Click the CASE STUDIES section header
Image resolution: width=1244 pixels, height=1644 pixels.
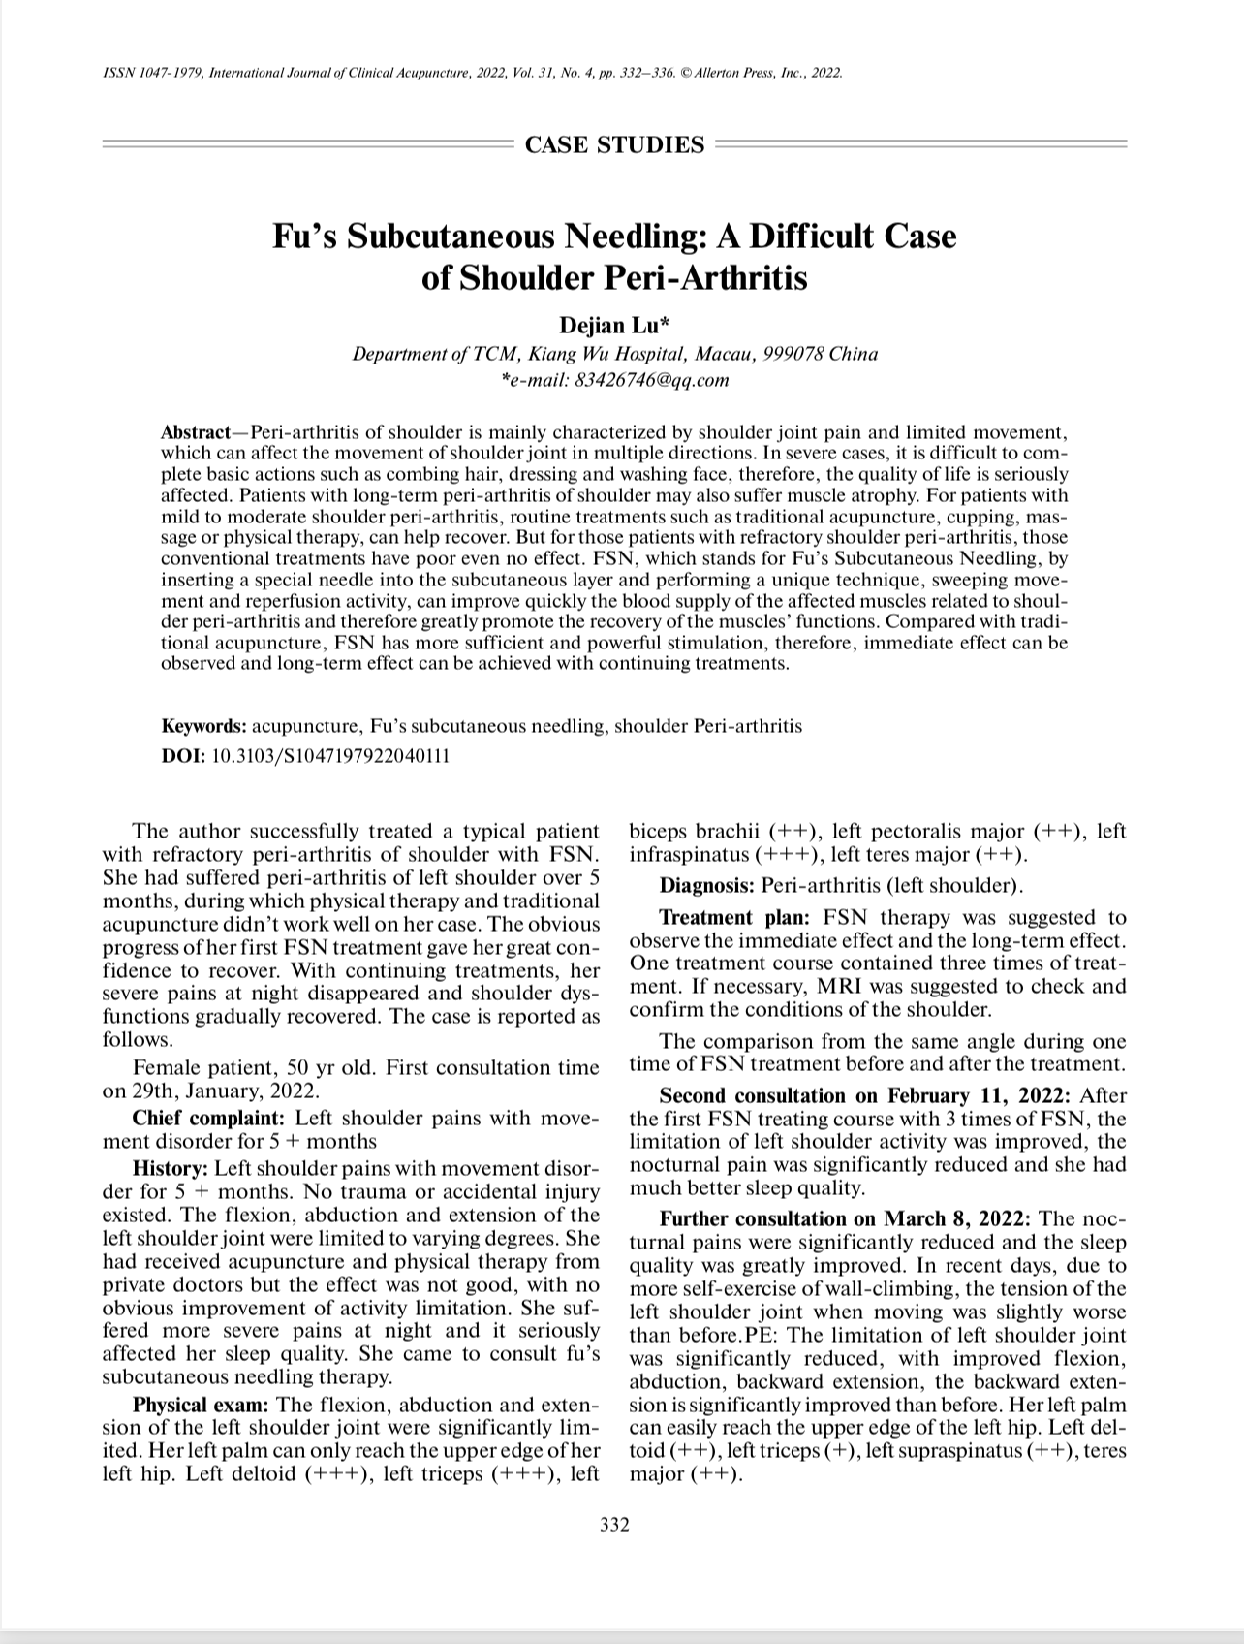tap(614, 145)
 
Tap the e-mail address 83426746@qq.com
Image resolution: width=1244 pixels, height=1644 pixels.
tap(652, 380)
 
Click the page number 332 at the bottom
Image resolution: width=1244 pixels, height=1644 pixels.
tap(614, 1525)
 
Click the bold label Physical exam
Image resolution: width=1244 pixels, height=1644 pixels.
tap(201, 1406)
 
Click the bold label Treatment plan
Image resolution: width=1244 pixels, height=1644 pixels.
tap(736, 918)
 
